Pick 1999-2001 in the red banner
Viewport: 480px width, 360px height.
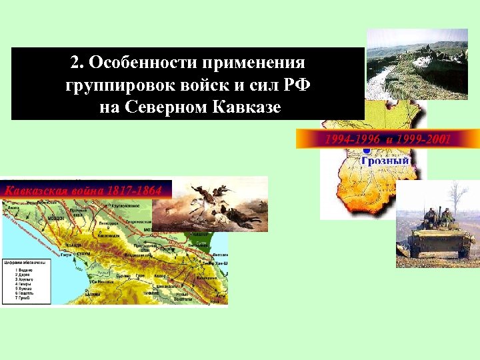point(423,139)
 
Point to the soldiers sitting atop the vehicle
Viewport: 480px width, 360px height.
point(433,217)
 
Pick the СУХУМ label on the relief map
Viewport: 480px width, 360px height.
point(83,254)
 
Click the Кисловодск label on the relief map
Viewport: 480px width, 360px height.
point(107,236)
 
